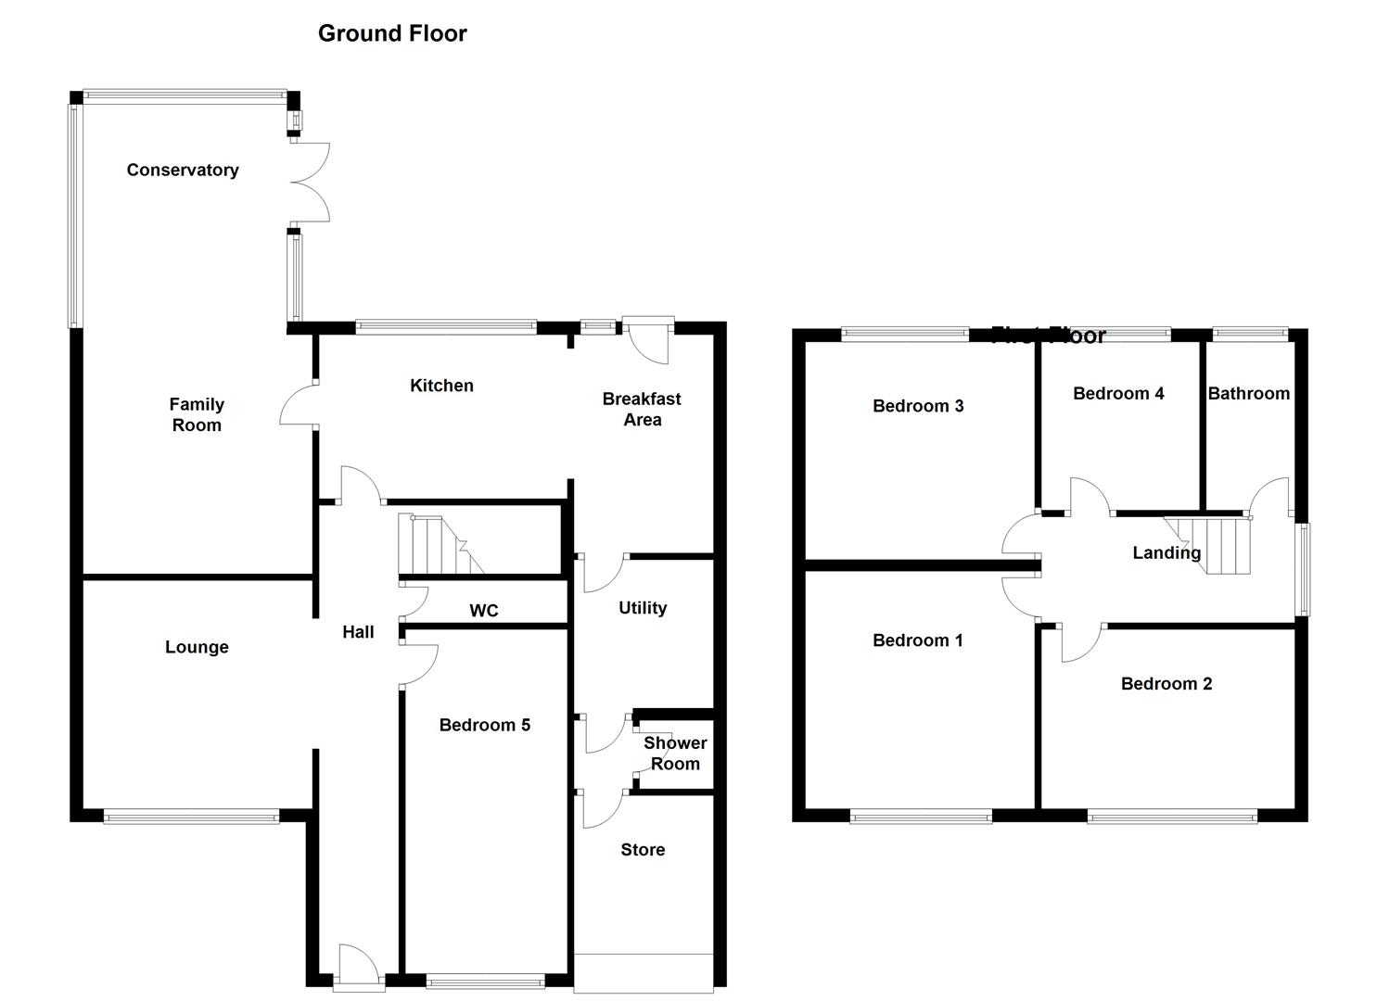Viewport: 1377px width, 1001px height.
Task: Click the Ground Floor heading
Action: (392, 33)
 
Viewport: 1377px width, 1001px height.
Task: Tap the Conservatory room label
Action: (183, 170)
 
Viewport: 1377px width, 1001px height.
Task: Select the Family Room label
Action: (197, 414)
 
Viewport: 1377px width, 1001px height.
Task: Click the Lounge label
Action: (197, 647)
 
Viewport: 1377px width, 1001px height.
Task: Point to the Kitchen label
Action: (441, 386)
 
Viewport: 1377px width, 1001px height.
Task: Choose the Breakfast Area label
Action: (642, 409)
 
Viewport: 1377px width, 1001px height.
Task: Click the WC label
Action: (484, 610)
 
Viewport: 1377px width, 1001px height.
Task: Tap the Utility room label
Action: (643, 608)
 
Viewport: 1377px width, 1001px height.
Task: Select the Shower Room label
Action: (675, 754)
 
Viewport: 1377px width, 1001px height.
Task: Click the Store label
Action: (643, 850)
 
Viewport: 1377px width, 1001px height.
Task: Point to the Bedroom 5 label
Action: (485, 725)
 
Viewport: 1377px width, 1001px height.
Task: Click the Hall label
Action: (358, 632)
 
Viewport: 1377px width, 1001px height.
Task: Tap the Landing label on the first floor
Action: (1167, 552)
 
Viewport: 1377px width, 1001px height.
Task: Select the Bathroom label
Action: (1248, 393)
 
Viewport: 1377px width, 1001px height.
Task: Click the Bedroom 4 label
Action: (1118, 393)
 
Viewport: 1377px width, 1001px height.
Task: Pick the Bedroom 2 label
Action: (1167, 684)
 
